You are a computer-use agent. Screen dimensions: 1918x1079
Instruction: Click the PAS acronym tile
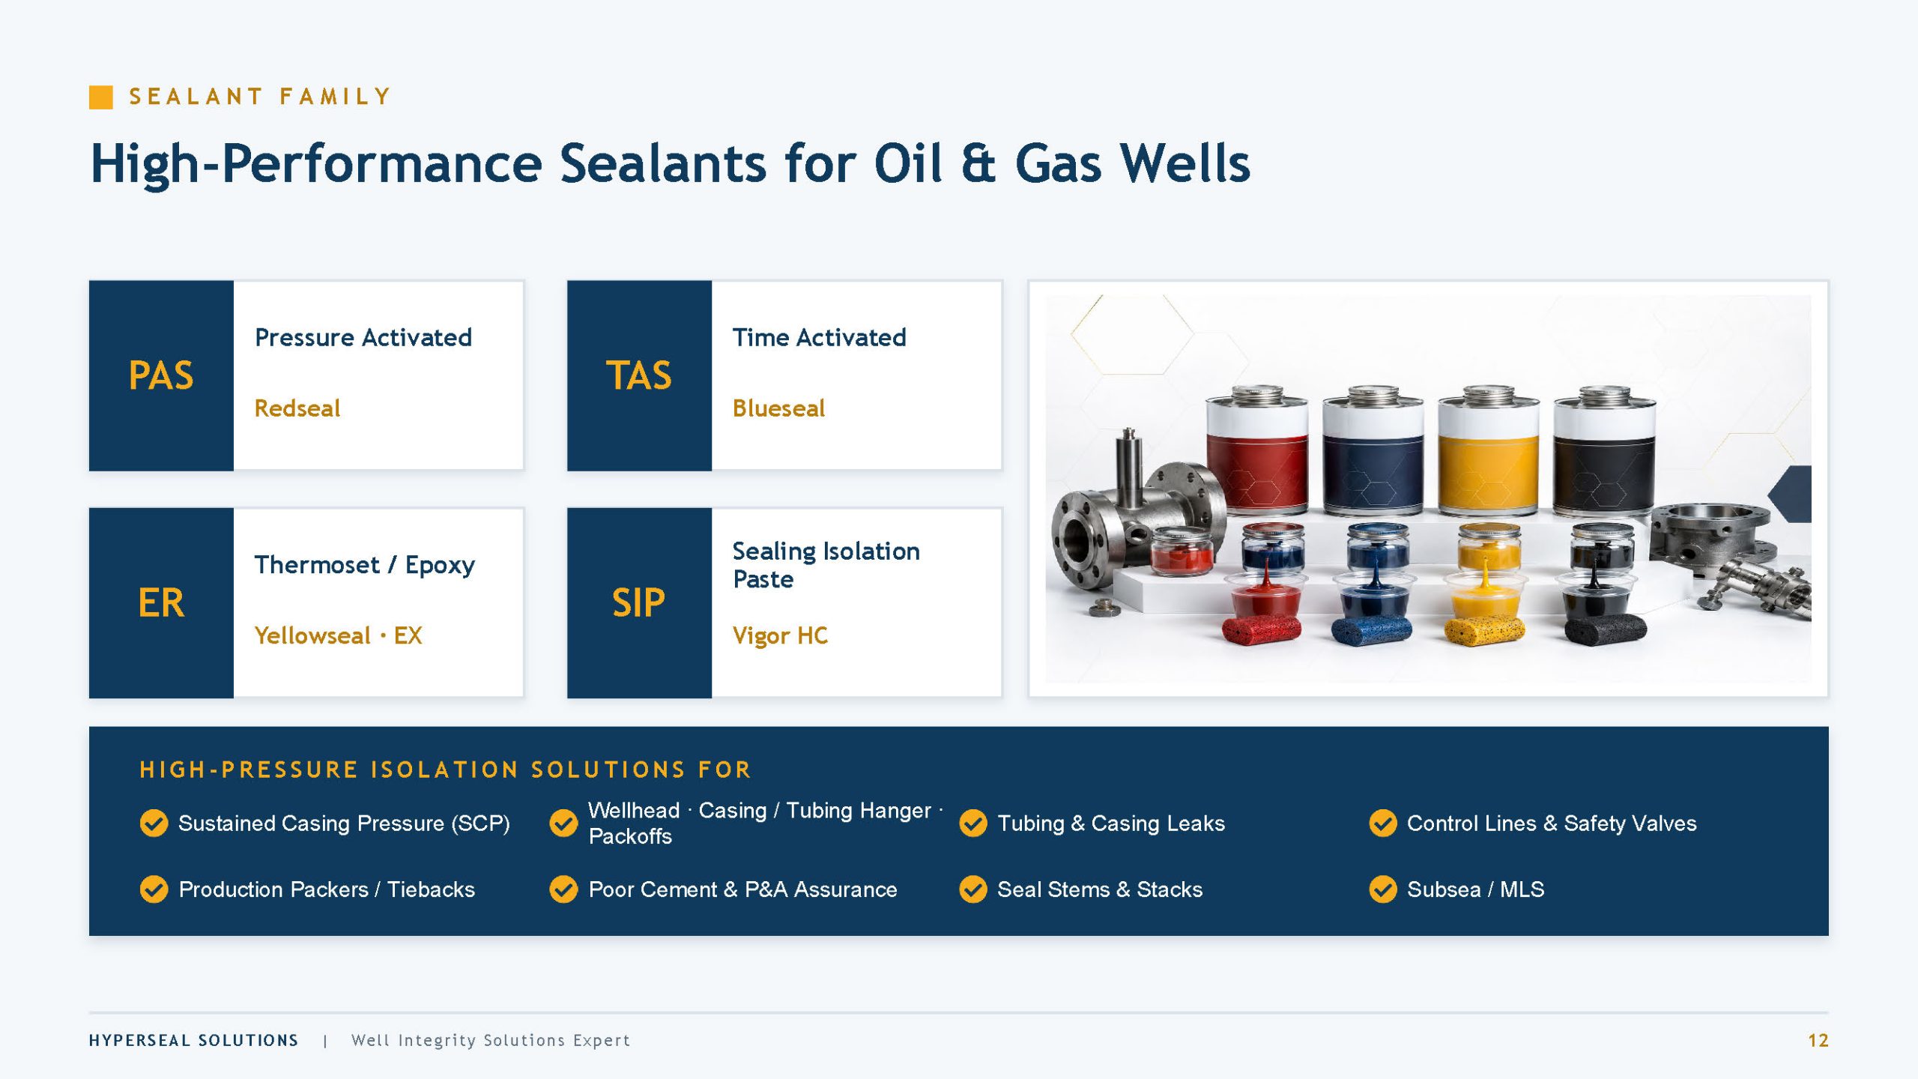(x=161, y=375)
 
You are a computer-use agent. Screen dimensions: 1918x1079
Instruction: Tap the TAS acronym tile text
(x=638, y=375)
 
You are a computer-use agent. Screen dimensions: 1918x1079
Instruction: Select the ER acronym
(x=161, y=602)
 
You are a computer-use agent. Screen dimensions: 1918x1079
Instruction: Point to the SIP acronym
(x=638, y=602)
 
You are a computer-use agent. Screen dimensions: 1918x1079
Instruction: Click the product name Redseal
(x=297, y=408)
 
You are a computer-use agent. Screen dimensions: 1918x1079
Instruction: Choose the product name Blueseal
(x=778, y=408)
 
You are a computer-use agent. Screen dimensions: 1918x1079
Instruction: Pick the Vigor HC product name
(x=780, y=636)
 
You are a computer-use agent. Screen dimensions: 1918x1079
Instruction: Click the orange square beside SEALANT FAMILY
(x=101, y=97)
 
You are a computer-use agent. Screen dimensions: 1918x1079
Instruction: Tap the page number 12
(x=1818, y=1041)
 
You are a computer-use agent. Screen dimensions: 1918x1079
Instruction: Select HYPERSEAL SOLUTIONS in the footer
(x=193, y=1041)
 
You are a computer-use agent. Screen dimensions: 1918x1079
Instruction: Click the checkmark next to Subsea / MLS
(x=1383, y=889)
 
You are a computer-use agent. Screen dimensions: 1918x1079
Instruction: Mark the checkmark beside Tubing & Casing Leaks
(x=973, y=823)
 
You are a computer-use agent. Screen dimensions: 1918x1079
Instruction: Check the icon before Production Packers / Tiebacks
(x=154, y=889)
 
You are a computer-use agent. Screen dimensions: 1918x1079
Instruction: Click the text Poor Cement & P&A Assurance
(x=742, y=889)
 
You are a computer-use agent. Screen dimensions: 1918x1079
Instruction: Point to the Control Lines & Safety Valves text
(x=1552, y=823)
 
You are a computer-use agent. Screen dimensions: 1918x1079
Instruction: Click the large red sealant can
(x=1257, y=450)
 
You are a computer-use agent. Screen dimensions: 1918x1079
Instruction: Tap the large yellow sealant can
(x=1489, y=450)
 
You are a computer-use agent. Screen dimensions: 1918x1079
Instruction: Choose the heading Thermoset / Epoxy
(x=365, y=565)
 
